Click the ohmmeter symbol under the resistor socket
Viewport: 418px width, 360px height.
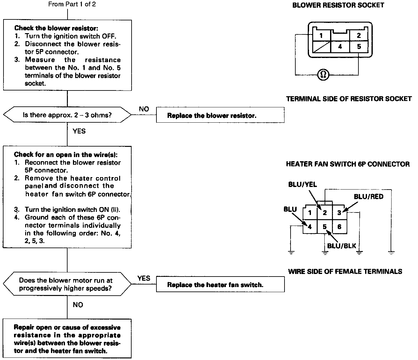tap(323, 75)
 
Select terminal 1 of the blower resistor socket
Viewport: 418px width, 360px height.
tap(321, 35)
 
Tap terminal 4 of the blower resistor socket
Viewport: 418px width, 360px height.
tap(340, 47)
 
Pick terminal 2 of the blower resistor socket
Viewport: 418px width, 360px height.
tap(359, 35)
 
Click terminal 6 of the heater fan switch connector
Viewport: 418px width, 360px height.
tap(339, 227)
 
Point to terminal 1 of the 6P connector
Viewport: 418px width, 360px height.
tap(310, 213)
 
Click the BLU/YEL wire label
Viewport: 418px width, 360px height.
tap(302, 185)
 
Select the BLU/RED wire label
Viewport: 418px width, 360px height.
tap(369, 197)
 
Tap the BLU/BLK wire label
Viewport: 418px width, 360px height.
tap(342, 246)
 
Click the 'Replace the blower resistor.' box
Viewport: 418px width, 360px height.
tap(220, 115)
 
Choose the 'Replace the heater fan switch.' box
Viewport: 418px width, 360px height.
tap(220, 284)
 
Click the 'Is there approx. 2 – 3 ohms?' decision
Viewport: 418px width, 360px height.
tap(67, 115)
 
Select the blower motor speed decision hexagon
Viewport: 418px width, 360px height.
tap(67, 284)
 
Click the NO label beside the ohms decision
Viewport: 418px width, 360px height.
tap(144, 109)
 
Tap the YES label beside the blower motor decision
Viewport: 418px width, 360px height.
tap(144, 278)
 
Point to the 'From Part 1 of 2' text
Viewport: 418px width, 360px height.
tap(72, 4)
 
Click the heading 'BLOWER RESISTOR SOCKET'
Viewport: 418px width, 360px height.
tap(338, 5)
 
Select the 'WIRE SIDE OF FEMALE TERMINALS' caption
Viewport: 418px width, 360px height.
tap(345, 271)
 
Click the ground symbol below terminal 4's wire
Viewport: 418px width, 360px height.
tap(291, 253)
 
